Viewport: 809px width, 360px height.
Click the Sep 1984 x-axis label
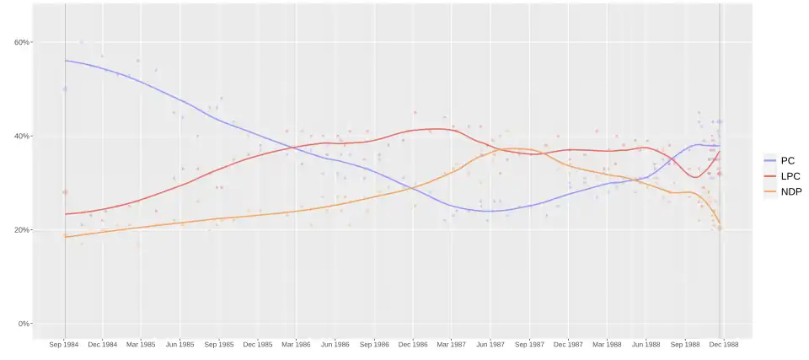pyautogui.click(x=65, y=345)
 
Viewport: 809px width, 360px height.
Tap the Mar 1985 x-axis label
pyautogui.click(x=141, y=345)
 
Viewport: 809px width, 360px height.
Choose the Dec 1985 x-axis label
pyautogui.click(x=257, y=345)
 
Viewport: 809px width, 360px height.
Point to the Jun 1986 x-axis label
pyautogui.click(x=335, y=345)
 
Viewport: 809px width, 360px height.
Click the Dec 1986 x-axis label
pyautogui.click(x=413, y=345)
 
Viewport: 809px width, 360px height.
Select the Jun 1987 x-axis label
pyautogui.click(x=490, y=345)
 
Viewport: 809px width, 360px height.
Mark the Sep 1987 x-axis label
pyautogui.click(x=529, y=345)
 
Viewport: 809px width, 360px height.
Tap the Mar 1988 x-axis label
pyautogui.click(x=607, y=345)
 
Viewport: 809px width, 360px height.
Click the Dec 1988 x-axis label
pyautogui.click(x=723, y=345)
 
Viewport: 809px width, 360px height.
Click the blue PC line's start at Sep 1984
pyautogui.click(x=66, y=61)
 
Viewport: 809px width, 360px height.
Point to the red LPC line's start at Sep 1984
pyautogui.click(x=66, y=214)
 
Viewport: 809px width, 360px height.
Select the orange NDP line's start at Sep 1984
pyautogui.click(x=66, y=237)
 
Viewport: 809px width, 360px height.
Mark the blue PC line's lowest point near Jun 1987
pyautogui.click(x=487, y=211)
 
